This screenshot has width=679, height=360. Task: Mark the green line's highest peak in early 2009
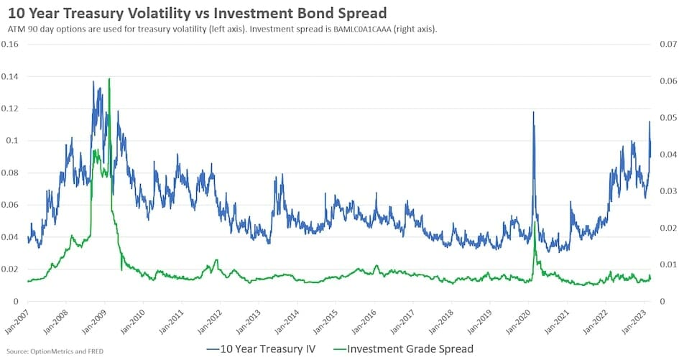[x=108, y=79]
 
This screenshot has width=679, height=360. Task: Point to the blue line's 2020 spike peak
[x=533, y=112]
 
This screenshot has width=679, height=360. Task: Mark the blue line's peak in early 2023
[x=650, y=121]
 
